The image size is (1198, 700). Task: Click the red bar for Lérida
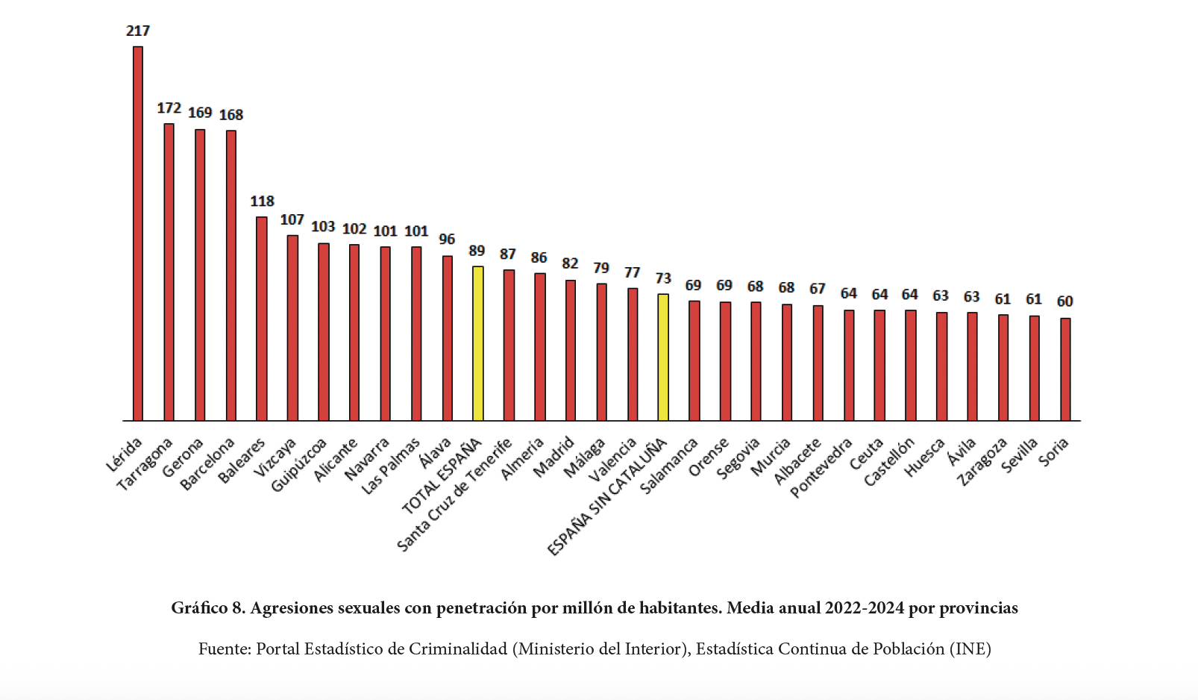(138, 234)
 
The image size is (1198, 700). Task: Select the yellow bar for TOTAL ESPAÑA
(478, 343)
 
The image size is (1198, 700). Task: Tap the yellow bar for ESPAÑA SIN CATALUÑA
(663, 357)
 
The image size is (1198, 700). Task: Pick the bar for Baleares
(262, 319)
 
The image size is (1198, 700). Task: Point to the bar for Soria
(1065, 369)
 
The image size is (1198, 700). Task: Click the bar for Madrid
(571, 350)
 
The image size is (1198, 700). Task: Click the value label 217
(138, 31)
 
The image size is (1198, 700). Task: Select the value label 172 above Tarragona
(169, 108)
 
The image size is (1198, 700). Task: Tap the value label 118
(262, 201)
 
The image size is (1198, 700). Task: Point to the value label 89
(477, 251)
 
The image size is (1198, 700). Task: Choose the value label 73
(663, 278)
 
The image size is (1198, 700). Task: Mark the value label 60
(1064, 301)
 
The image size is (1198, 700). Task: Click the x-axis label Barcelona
(208, 464)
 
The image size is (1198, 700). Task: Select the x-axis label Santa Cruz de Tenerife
(454, 495)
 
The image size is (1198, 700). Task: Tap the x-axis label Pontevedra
(821, 468)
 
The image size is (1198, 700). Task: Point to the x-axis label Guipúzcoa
(299, 465)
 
